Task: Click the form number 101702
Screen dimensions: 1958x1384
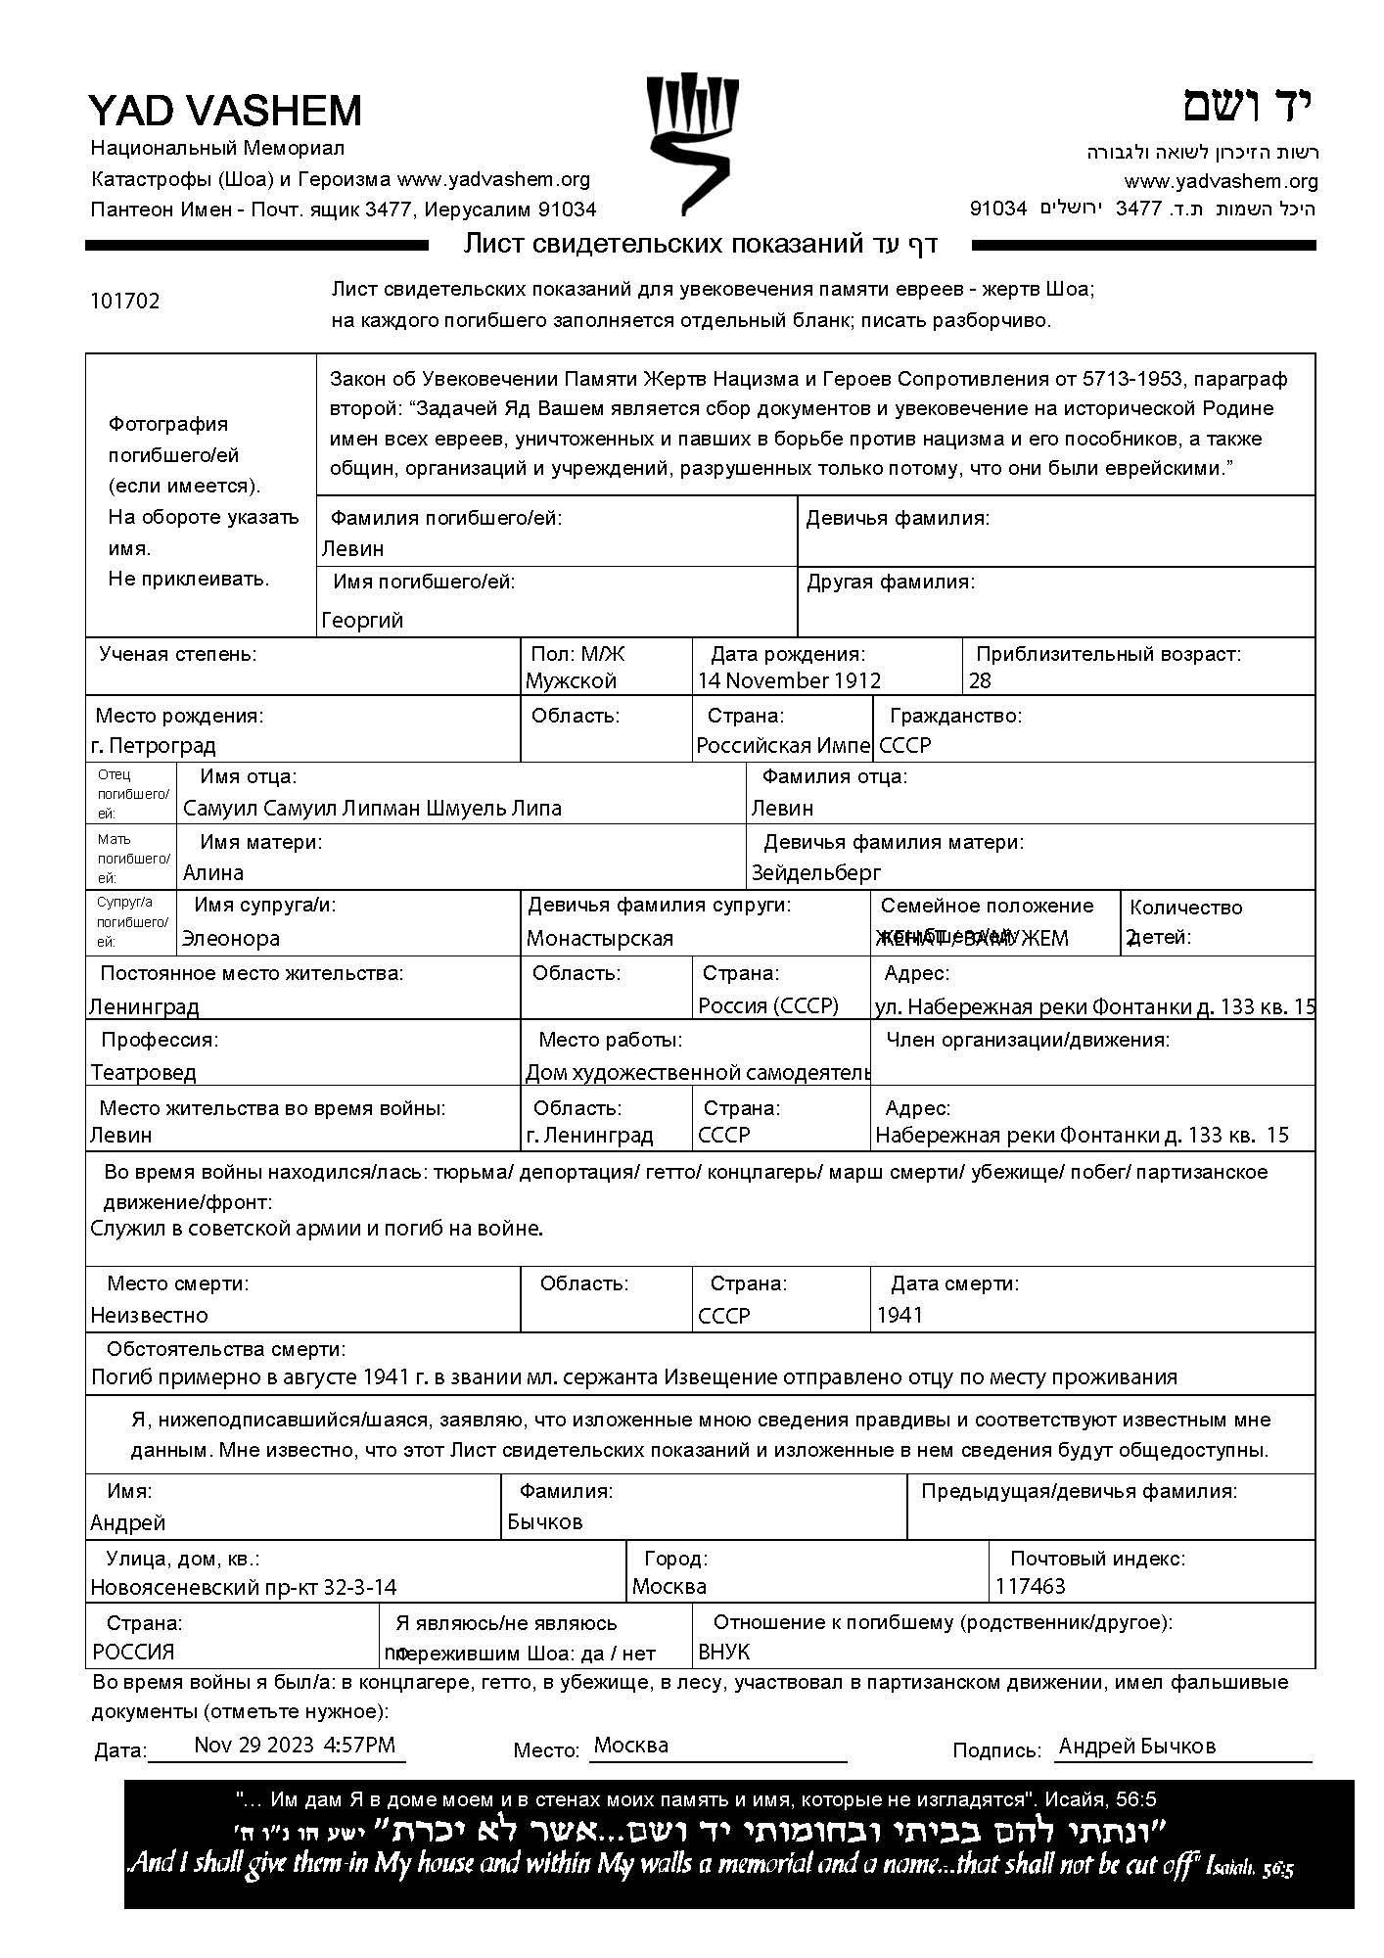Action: [x=124, y=301]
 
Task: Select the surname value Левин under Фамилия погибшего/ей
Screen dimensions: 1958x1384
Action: [x=352, y=548]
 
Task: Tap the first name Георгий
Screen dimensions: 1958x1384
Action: [x=362, y=620]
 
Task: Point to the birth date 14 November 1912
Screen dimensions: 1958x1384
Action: [x=789, y=680]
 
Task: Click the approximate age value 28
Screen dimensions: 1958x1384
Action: [x=980, y=680]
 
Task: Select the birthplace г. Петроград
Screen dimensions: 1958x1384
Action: [x=153, y=745]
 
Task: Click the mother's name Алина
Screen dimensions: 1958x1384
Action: [x=213, y=872]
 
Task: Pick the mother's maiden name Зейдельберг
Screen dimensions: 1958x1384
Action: [x=816, y=872]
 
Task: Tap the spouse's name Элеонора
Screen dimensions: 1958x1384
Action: [x=231, y=938]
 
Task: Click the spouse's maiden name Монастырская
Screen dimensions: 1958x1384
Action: [x=600, y=938]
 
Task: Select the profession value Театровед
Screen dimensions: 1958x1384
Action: [x=143, y=1072]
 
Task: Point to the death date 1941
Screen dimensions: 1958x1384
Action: [x=900, y=1315]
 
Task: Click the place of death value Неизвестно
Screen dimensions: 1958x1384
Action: [x=149, y=1315]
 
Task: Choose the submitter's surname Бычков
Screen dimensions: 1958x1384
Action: [x=545, y=1521]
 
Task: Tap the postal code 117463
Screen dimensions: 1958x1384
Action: [x=1031, y=1586]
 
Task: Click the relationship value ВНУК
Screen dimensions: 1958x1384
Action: [x=723, y=1652]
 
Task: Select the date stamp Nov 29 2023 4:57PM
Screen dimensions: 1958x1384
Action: [x=295, y=1744]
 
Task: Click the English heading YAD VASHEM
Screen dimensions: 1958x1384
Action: [x=225, y=111]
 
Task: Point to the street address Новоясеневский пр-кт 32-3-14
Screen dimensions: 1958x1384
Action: [x=244, y=1587]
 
